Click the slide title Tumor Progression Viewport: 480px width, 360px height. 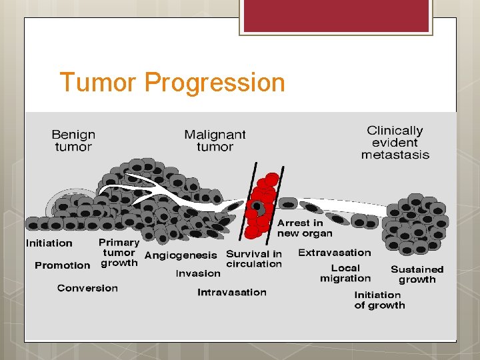tap(172, 83)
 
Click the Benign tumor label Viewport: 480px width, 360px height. tap(73, 141)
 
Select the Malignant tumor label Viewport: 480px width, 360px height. tap(215, 141)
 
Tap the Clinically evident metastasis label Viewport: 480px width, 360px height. tap(395, 143)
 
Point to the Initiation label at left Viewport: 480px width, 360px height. tap(49, 243)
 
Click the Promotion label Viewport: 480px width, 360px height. tap(62, 265)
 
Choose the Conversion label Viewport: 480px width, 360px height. tap(87, 288)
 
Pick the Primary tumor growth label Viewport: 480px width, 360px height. tap(119, 253)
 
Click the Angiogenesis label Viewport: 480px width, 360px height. tap(181, 255)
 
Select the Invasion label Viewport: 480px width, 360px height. tap(198, 273)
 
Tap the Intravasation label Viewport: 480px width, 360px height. tap(231, 292)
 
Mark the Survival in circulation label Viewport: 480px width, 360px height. tap(254, 259)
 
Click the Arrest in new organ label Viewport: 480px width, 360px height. tap(304, 228)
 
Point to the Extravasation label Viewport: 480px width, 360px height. tap(334, 253)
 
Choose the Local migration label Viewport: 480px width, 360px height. tap(345, 273)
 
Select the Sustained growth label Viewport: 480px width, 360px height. tap(417, 275)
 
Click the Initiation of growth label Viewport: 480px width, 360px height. tap(379, 300)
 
